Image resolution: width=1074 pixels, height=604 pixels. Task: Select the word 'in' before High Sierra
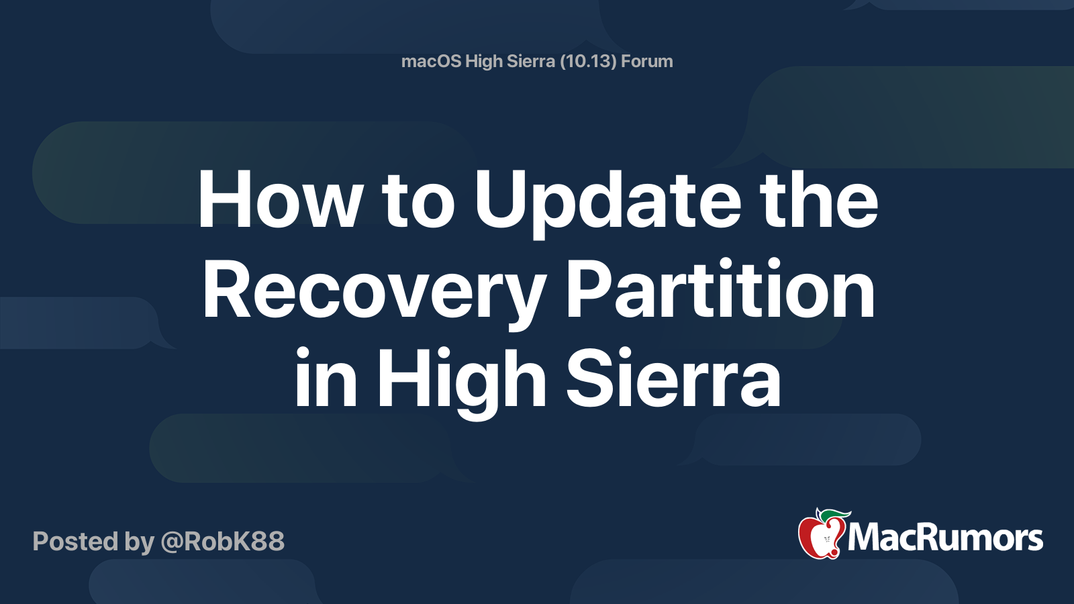point(326,377)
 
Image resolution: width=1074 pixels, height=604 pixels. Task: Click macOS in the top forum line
point(430,61)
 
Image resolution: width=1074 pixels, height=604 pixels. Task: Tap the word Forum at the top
point(647,61)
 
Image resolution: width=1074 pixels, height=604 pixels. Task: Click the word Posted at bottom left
point(75,541)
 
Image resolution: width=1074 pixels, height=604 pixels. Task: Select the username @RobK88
point(222,541)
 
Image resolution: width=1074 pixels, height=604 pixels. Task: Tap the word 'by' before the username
point(140,542)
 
